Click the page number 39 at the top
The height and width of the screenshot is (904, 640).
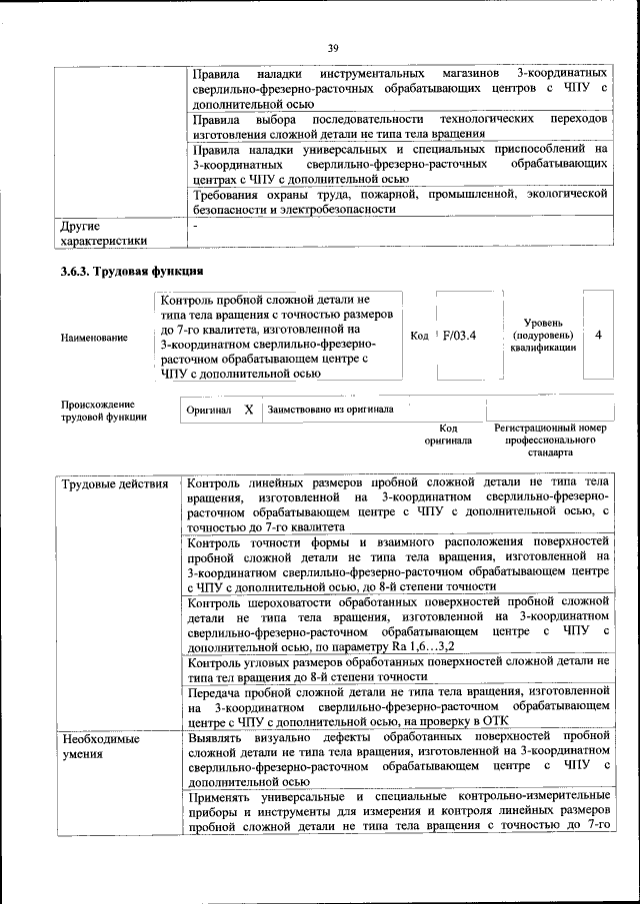coord(332,47)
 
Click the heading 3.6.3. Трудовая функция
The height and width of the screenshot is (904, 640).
coord(132,271)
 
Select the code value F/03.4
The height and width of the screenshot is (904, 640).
coord(461,336)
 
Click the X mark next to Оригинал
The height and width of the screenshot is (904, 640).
coord(248,410)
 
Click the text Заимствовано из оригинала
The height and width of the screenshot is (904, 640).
coord(329,410)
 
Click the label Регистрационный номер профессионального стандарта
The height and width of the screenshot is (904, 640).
coord(550,440)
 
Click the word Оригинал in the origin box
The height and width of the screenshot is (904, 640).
coord(209,411)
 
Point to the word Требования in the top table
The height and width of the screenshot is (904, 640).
coord(229,195)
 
